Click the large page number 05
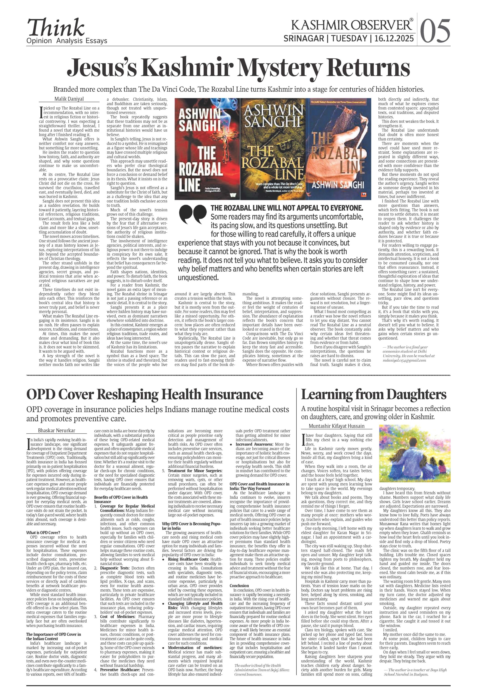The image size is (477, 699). [435, 31]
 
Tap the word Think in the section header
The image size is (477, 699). [56, 28]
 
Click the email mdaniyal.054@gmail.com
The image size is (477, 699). [404, 360]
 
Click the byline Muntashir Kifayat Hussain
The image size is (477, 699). [336, 426]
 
